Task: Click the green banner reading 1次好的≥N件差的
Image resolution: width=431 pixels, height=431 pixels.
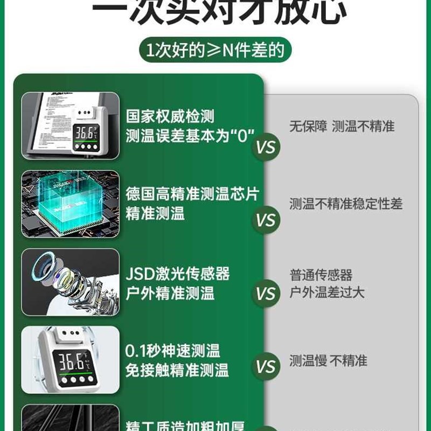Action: pos(215,51)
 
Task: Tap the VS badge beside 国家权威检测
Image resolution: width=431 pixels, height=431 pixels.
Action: pos(266,148)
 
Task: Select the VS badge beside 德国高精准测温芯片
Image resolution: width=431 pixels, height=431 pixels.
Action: pos(266,221)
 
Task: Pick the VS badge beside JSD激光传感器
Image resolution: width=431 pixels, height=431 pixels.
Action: pos(266,294)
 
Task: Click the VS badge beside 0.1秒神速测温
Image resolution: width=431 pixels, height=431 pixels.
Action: pos(266,367)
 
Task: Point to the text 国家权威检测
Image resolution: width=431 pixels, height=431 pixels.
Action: pos(170,116)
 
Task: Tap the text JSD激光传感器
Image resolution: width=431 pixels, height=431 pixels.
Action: pos(178,274)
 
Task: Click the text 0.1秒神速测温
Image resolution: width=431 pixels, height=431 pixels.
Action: pos(172,351)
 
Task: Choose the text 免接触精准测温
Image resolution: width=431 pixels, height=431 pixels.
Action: pos(177,370)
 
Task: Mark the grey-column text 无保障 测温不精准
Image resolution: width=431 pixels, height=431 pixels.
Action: pos(342,127)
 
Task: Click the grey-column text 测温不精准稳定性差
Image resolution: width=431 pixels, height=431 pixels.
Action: pos(345,204)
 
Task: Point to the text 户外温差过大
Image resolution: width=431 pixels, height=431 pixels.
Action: pos(327,293)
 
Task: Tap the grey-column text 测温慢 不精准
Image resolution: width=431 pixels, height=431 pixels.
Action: pos(328,360)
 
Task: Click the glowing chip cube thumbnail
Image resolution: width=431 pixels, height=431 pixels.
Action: pos(70,204)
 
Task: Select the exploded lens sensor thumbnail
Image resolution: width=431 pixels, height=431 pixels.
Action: pos(70,282)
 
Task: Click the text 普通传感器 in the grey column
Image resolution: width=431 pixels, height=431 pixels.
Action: pos(321,275)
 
